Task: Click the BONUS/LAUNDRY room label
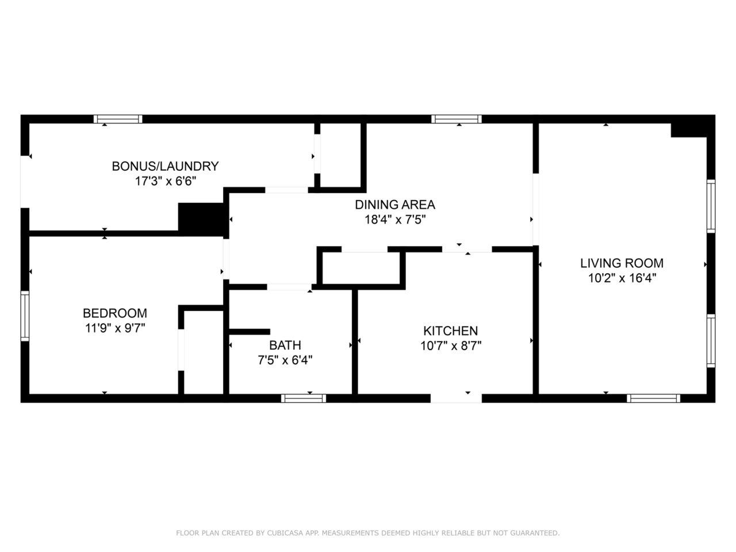tap(165, 166)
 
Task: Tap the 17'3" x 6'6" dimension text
tap(165, 181)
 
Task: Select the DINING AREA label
tap(394, 204)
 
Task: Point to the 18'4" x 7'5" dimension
tap(394, 219)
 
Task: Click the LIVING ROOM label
tap(622, 263)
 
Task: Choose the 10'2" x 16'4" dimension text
tap(622, 278)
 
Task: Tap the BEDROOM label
tap(114, 313)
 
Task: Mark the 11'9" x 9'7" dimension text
tap(114, 328)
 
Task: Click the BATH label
tap(285, 345)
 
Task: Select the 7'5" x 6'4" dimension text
tap(285, 360)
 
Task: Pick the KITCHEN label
tap(450, 331)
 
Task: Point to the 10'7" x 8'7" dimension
tap(450, 346)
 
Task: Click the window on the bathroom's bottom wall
tap(304, 398)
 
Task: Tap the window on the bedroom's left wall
tap(25, 316)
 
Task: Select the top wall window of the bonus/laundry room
tap(118, 119)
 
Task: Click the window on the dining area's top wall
tap(457, 119)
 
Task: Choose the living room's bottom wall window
tap(653, 398)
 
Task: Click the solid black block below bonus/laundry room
tap(201, 219)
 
